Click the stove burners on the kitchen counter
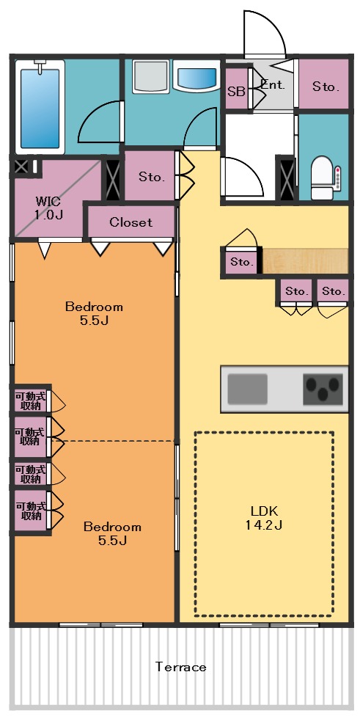323,388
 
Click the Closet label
131,222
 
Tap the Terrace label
180,667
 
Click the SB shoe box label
236,92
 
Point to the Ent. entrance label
272,84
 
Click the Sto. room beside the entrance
326,86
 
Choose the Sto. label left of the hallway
151,177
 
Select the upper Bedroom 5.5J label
94,313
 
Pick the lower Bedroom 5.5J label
111,533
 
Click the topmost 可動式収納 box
30,401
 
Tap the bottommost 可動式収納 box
30,511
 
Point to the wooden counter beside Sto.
304,261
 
